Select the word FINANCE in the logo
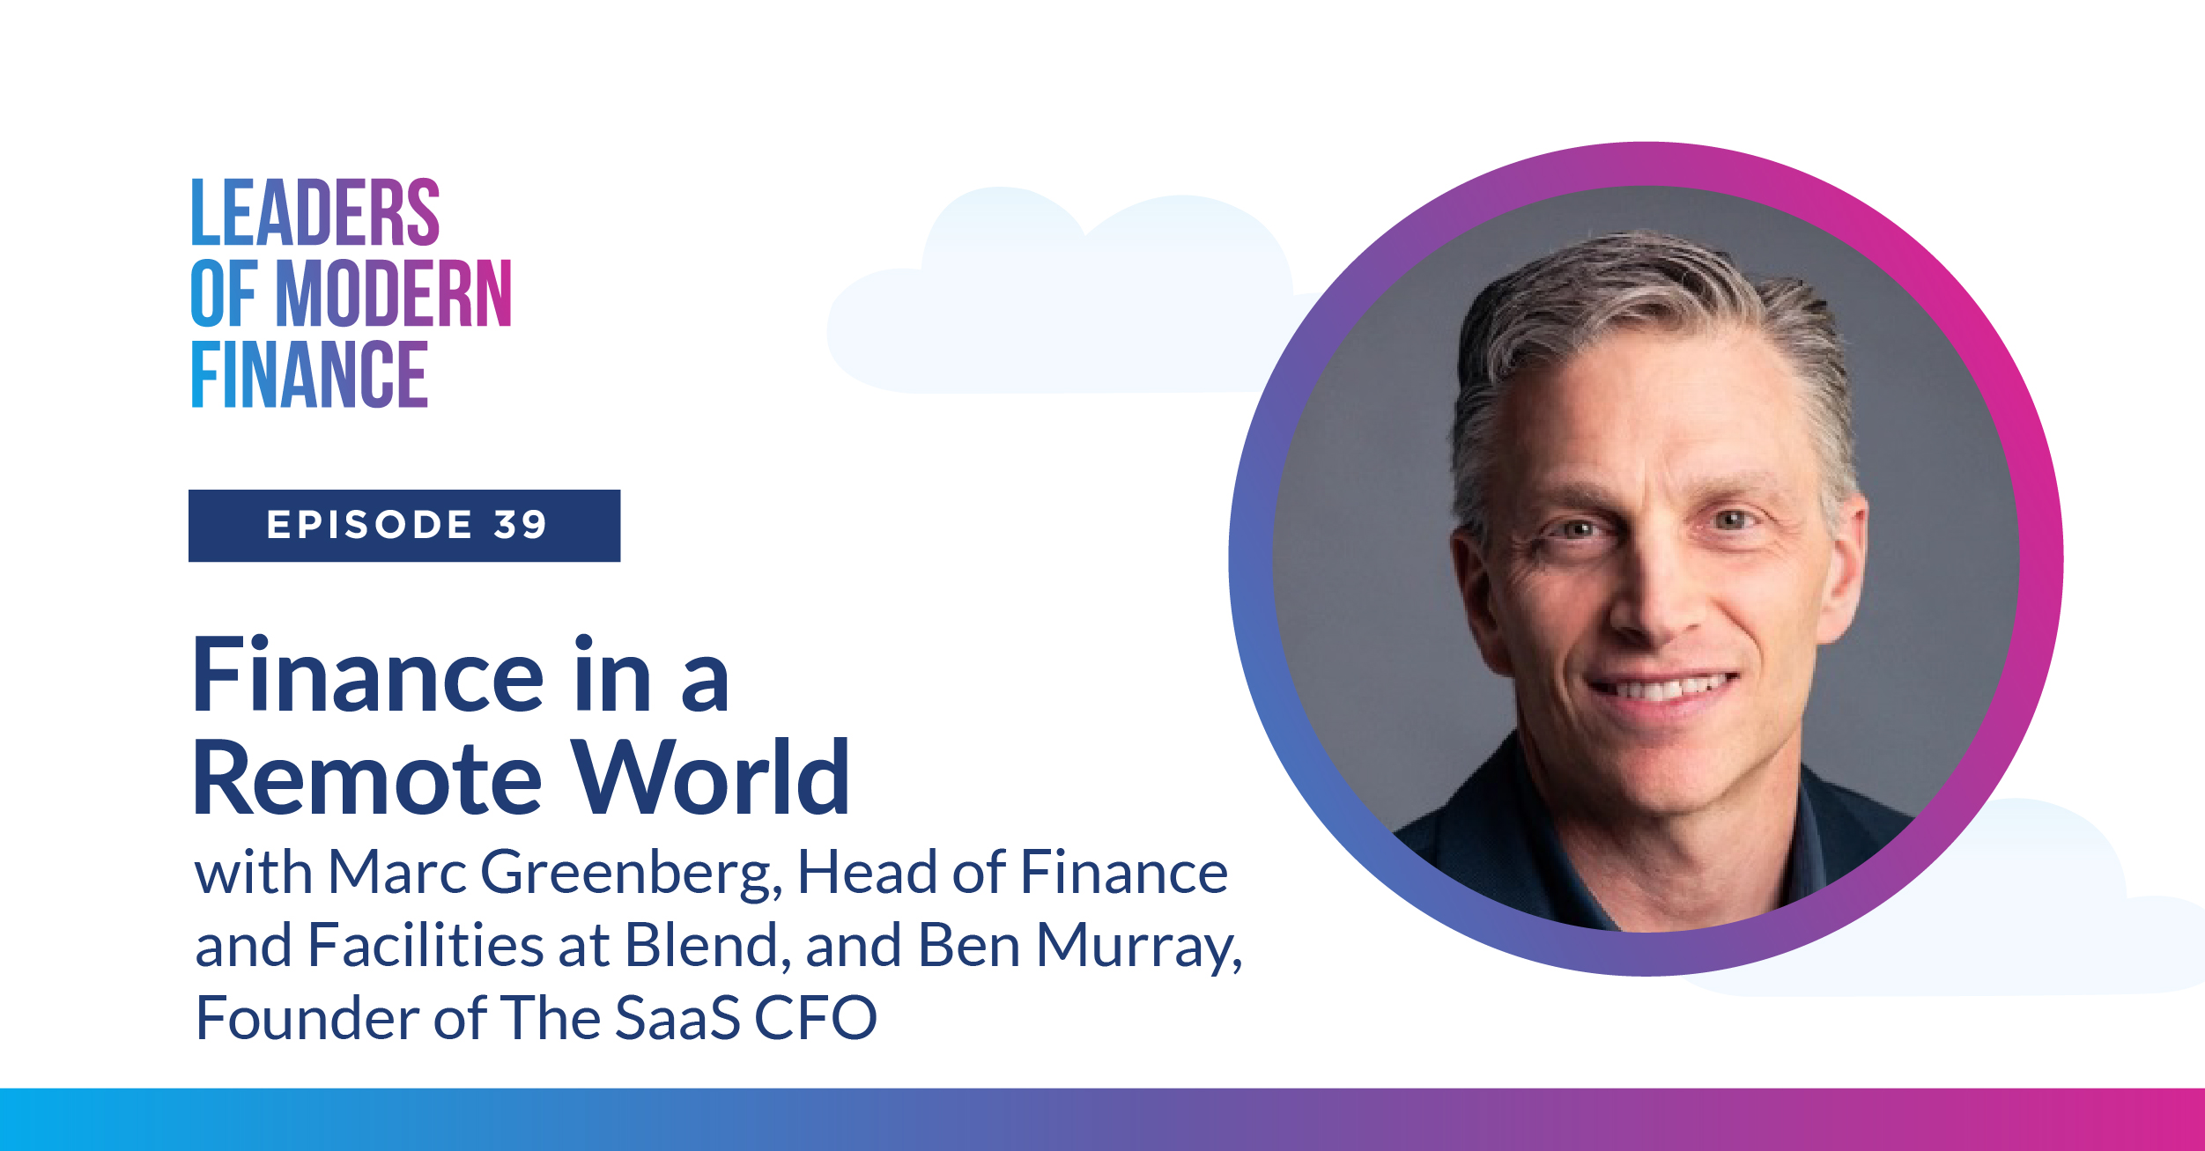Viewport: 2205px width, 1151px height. click(x=309, y=374)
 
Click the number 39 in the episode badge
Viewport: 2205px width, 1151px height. click(x=521, y=525)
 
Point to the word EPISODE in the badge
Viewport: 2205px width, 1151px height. click(x=370, y=525)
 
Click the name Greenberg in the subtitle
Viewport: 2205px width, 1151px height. click(x=631, y=874)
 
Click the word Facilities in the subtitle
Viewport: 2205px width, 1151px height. click(x=425, y=945)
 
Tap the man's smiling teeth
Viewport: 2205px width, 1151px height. click(x=1663, y=686)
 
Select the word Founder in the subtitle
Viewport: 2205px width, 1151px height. click(x=307, y=1018)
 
